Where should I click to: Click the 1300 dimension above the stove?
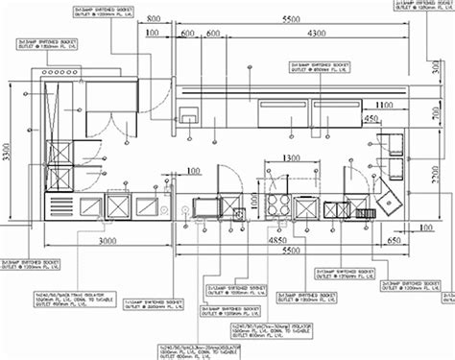(282, 158)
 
